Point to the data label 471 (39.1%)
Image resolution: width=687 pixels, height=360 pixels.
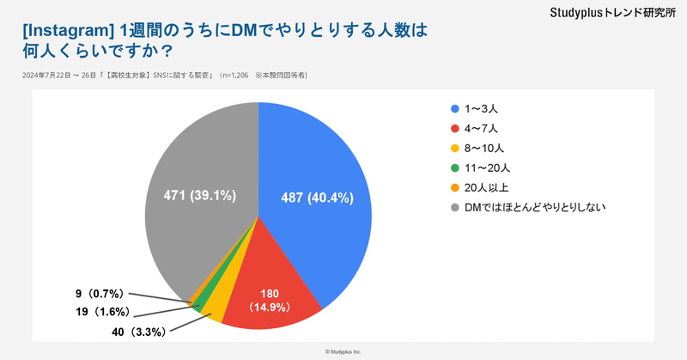click(200, 196)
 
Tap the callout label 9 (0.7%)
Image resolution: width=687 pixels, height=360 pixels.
click(102, 294)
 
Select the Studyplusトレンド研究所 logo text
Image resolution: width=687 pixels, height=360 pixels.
click(611, 13)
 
